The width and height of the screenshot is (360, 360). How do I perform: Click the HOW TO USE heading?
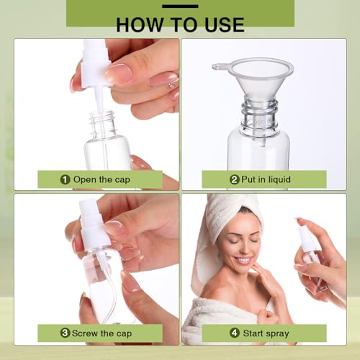[179, 24]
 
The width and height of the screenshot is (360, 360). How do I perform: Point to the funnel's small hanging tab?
[217, 66]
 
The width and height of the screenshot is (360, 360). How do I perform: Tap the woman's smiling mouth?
[243, 260]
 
